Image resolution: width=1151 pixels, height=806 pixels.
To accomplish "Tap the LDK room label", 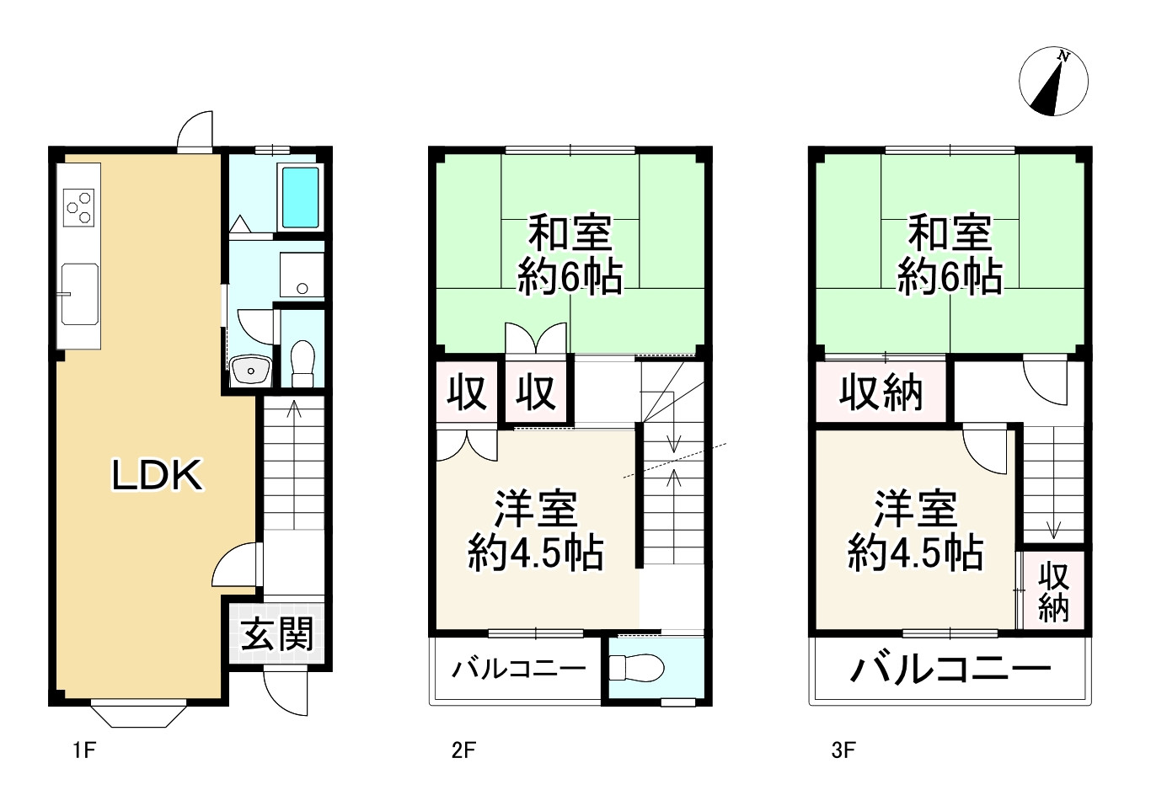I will (x=158, y=476).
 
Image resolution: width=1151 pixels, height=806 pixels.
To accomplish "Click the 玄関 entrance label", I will (x=277, y=633).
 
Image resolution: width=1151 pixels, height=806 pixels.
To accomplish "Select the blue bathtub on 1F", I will (x=299, y=197).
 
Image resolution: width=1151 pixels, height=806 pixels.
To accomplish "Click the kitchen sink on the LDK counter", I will (x=79, y=293).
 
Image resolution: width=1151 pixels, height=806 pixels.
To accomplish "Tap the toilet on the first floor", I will (x=302, y=362).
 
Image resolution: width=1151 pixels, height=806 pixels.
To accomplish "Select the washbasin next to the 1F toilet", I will (x=250, y=370).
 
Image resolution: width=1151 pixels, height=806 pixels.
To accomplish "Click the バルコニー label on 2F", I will (x=518, y=670).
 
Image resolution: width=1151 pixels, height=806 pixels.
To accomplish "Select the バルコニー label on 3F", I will (x=950, y=670).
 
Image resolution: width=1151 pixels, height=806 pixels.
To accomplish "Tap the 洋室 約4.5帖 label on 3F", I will (x=915, y=531).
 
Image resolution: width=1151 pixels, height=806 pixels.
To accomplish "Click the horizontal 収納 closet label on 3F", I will (x=881, y=392).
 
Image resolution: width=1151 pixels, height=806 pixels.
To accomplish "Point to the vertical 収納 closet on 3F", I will (x=1053, y=591).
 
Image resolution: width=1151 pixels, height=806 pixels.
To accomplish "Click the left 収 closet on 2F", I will (x=467, y=392).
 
